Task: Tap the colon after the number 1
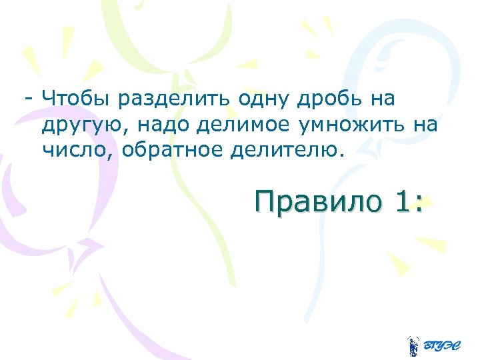pos(419,203)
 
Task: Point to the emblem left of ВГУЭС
pos(413,345)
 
